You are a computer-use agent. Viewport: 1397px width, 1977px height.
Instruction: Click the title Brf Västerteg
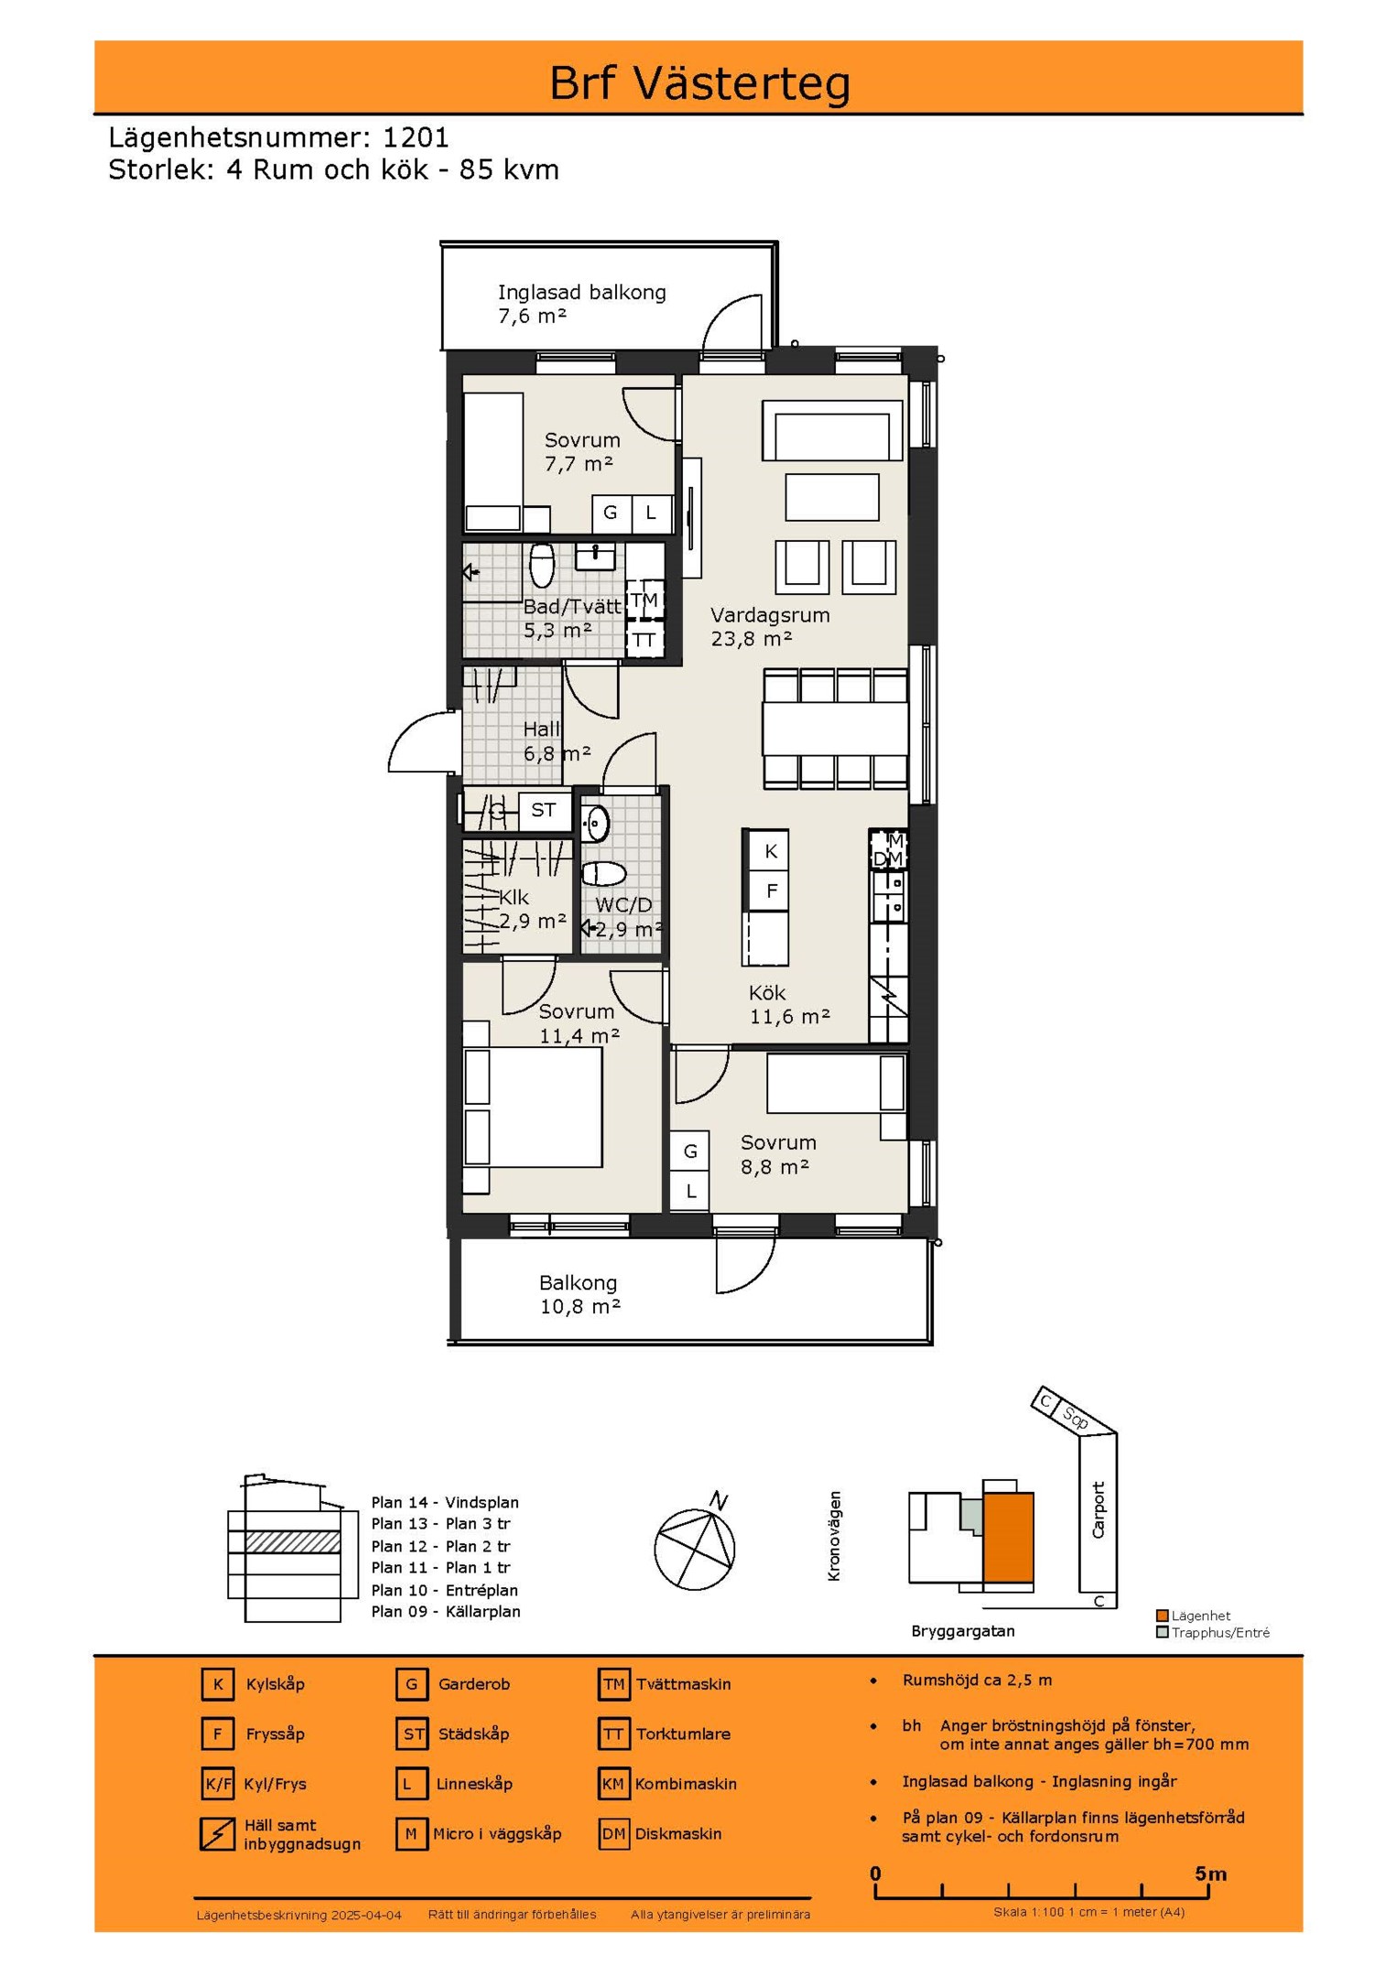pyautogui.click(x=699, y=83)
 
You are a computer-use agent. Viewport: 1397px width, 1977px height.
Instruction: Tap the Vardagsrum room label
pyautogui.click(x=770, y=615)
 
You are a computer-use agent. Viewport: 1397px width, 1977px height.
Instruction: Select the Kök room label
pyautogui.click(x=766, y=993)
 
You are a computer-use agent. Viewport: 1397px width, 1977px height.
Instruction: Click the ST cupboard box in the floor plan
pyautogui.click(x=544, y=810)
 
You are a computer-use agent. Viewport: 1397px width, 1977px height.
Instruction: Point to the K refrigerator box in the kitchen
pyautogui.click(x=770, y=851)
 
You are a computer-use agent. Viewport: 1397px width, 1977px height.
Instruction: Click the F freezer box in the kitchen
pyautogui.click(x=770, y=891)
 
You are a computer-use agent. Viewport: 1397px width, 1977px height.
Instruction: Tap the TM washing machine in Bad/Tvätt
pyautogui.click(x=644, y=600)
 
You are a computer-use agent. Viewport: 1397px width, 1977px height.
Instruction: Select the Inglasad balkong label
pyautogui.click(x=581, y=293)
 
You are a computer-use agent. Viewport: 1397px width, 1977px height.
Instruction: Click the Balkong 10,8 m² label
pyautogui.click(x=579, y=1295)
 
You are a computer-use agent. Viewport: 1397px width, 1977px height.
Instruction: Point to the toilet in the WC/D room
pyautogui.click(x=604, y=873)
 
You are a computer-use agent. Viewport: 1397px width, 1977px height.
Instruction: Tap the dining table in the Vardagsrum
pyautogui.click(x=835, y=729)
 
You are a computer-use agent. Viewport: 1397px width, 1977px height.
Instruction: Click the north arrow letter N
pyautogui.click(x=720, y=1501)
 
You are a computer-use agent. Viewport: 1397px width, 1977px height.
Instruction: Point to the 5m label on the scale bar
pyautogui.click(x=1210, y=1874)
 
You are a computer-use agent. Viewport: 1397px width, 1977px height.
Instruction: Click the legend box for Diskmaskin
pyautogui.click(x=613, y=1833)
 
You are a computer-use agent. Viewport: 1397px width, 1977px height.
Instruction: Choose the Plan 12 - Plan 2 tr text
pyautogui.click(x=440, y=1546)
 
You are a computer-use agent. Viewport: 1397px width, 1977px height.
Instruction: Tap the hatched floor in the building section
pyautogui.click(x=293, y=1542)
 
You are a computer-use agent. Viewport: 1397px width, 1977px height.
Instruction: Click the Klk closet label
pyautogui.click(x=514, y=898)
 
